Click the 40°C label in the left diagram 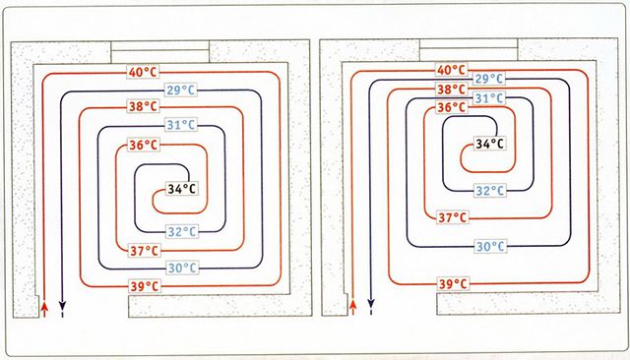[144, 72]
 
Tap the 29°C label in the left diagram [181, 90]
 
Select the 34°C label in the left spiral [181, 189]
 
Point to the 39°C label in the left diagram [145, 286]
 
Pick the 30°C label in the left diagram [182, 268]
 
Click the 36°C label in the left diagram [144, 145]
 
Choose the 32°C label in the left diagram [182, 231]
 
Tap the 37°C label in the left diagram [145, 251]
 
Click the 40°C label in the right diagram [451, 70]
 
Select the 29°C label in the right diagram [489, 79]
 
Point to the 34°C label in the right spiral [490, 144]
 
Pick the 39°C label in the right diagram [453, 283]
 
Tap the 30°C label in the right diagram [490, 246]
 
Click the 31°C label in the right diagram [489, 98]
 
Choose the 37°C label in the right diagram [453, 217]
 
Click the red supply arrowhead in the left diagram [44, 307]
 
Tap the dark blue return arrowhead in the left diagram [62, 304]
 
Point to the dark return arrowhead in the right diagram [371, 303]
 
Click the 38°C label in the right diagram [451, 89]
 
